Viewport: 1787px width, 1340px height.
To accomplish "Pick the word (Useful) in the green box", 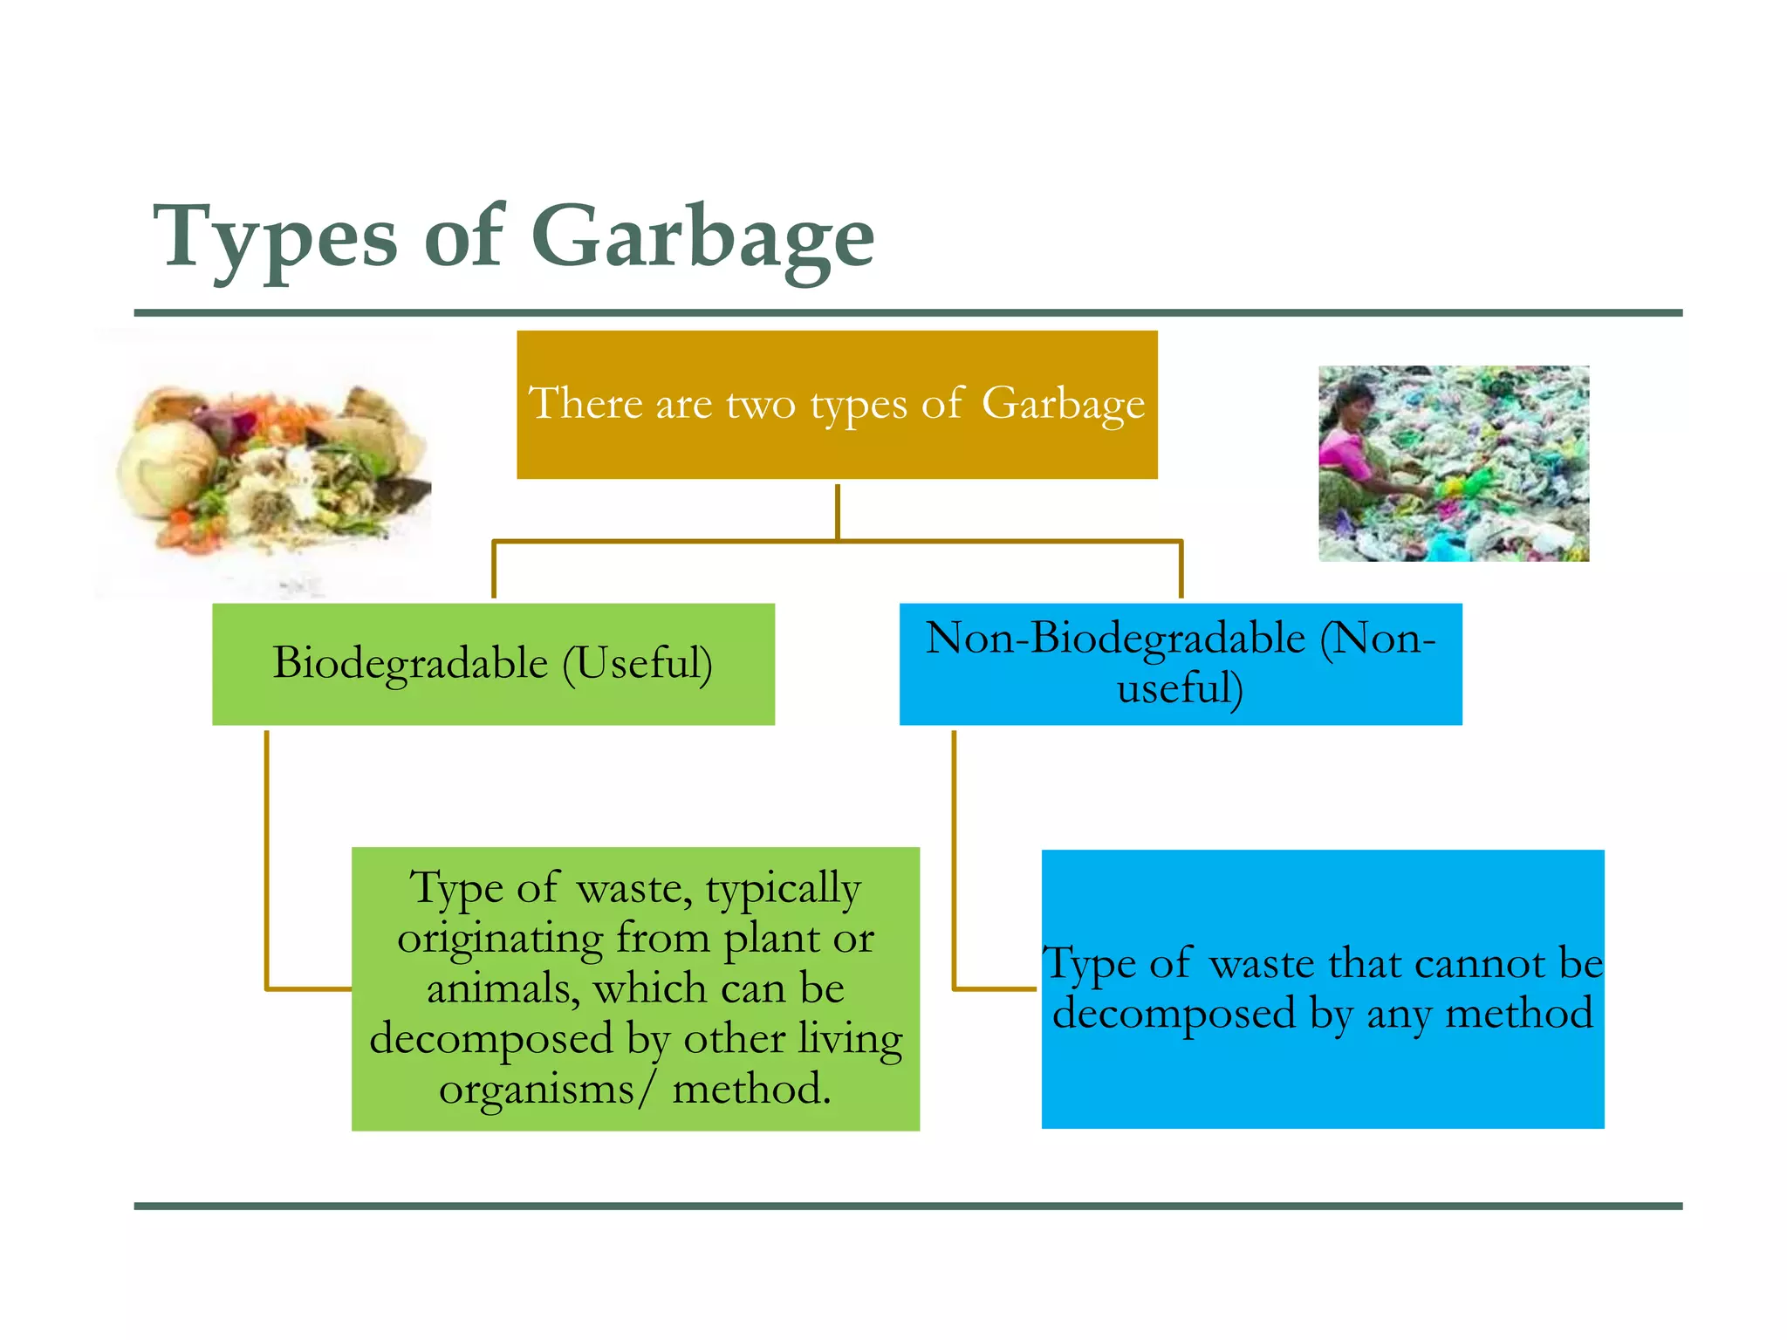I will tap(637, 663).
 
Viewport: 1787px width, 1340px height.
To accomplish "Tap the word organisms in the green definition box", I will tap(536, 1090).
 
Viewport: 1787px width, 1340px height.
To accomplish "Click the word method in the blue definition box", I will tap(1519, 1014).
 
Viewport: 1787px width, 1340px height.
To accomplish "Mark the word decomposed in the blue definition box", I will tap(1174, 1014).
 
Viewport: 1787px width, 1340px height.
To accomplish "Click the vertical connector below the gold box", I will tap(837, 511).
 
